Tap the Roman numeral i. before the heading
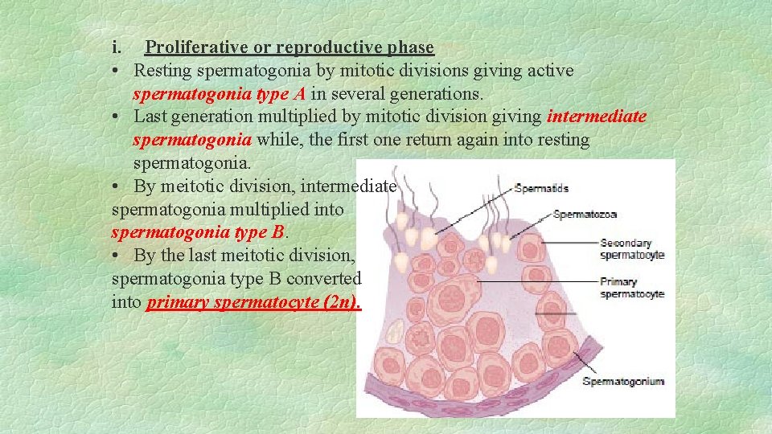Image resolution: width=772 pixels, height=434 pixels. tap(117, 48)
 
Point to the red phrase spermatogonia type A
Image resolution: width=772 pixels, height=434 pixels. tap(219, 94)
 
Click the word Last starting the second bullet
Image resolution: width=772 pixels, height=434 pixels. tap(151, 117)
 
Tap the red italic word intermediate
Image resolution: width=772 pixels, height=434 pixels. tap(596, 117)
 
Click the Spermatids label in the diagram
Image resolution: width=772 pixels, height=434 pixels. tap(540, 189)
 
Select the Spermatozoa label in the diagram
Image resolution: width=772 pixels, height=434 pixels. tap(585, 215)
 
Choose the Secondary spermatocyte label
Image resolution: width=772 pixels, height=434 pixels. tap(632, 249)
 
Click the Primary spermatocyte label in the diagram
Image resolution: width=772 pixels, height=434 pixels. tap(631, 288)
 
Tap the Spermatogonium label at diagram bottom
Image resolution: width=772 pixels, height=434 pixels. tap(623, 381)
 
